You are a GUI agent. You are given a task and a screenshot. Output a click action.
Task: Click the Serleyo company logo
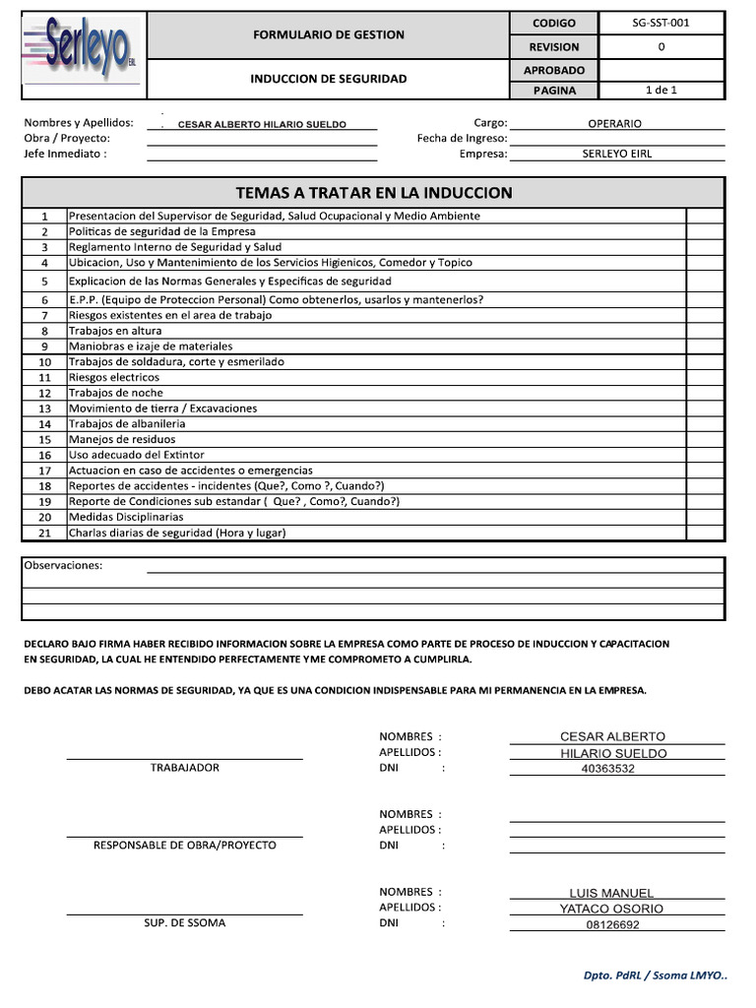[x=83, y=53]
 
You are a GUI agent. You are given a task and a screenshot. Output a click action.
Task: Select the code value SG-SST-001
[x=661, y=23]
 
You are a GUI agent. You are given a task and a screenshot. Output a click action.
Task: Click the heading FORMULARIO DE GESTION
[x=328, y=34]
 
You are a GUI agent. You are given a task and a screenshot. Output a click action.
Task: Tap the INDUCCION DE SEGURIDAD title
[x=328, y=79]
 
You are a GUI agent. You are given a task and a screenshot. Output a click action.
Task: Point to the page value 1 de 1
[x=661, y=90]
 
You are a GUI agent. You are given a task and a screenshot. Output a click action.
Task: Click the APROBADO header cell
[x=554, y=70]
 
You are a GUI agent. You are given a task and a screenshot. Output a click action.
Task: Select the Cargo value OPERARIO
[x=614, y=124]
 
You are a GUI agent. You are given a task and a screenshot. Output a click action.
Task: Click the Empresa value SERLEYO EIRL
[x=616, y=154]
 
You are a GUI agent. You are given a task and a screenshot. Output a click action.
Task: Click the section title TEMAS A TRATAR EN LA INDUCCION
[x=373, y=192]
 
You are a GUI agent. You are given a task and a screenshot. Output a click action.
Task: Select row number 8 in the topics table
[x=44, y=332]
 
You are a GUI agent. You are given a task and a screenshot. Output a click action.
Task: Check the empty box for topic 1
[x=704, y=216]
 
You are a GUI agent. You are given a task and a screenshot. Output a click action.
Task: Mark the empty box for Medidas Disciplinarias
[x=704, y=517]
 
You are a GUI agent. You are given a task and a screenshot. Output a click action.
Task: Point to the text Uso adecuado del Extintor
[x=136, y=455]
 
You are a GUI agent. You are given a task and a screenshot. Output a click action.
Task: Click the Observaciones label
[x=63, y=565]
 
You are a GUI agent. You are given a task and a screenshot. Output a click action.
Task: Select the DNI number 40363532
[x=609, y=769]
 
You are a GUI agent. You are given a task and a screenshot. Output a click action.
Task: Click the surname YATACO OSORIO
[x=611, y=909]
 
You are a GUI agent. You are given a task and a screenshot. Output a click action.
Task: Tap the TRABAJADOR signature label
[x=184, y=767]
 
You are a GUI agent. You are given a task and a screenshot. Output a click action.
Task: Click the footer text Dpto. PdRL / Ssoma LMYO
[x=655, y=976]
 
